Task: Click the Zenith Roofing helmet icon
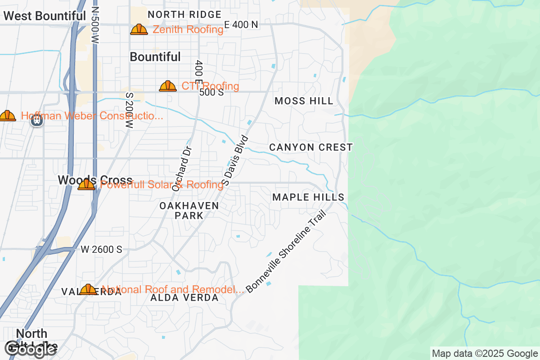(x=139, y=30)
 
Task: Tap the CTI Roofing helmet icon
(x=168, y=86)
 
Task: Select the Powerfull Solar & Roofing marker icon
(x=86, y=184)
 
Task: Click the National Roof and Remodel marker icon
(x=88, y=289)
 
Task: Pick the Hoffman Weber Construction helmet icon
(x=7, y=116)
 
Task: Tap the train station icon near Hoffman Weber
(x=37, y=120)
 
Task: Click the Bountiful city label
(x=155, y=57)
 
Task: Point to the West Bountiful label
(x=44, y=16)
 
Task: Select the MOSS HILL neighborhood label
(x=304, y=101)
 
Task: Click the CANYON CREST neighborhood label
(x=311, y=147)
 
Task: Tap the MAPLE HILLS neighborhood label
(x=308, y=197)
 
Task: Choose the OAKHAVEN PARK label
(x=189, y=210)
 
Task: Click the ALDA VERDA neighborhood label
(x=184, y=298)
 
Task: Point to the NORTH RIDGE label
(x=184, y=14)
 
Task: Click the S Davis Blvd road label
(x=235, y=160)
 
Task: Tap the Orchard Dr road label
(x=182, y=168)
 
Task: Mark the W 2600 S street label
(x=102, y=249)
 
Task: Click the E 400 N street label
(x=241, y=25)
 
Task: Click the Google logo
(x=30, y=349)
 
